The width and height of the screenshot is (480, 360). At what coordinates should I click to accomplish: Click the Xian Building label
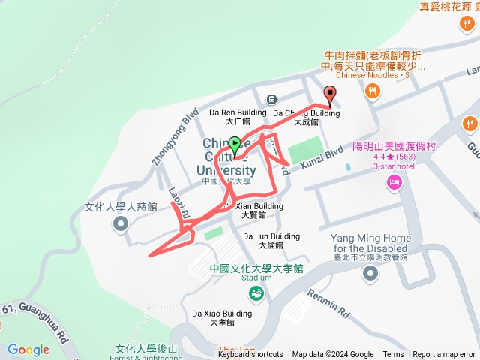coord(259,206)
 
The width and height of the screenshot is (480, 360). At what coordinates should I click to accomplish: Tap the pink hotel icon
coord(394,182)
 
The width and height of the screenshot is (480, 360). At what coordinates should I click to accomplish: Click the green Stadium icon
coord(256,293)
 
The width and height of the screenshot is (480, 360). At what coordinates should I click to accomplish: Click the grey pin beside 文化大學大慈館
coord(120,223)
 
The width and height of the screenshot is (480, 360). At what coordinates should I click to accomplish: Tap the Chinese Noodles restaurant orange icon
coord(371,91)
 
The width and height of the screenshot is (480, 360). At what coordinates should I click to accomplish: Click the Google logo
coord(28,349)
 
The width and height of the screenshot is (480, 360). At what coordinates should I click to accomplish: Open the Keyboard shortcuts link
coord(250,355)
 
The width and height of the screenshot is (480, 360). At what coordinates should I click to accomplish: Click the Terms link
coord(393,355)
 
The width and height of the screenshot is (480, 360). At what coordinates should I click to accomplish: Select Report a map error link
coord(444,355)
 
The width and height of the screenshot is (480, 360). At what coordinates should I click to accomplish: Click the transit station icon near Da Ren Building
coord(271,98)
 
